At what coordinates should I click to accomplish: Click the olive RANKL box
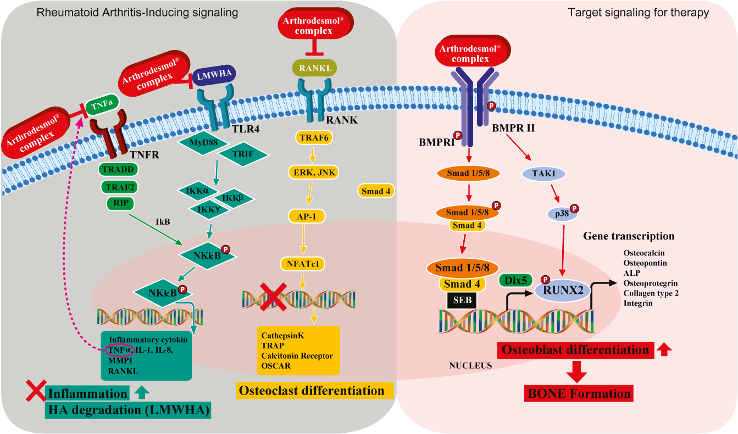pyautogui.click(x=314, y=69)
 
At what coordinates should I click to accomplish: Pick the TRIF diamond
pyautogui.click(x=244, y=154)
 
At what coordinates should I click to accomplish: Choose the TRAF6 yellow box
pyautogui.click(x=314, y=138)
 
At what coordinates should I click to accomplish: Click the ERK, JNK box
pyautogui.click(x=313, y=173)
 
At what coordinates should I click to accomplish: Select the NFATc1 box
pyautogui.click(x=302, y=264)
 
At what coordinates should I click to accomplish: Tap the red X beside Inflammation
pyautogui.click(x=36, y=392)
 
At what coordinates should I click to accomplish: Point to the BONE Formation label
pyautogui.click(x=579, y=393)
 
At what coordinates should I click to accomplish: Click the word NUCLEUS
pyautogui.click(x=470, y=365)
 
